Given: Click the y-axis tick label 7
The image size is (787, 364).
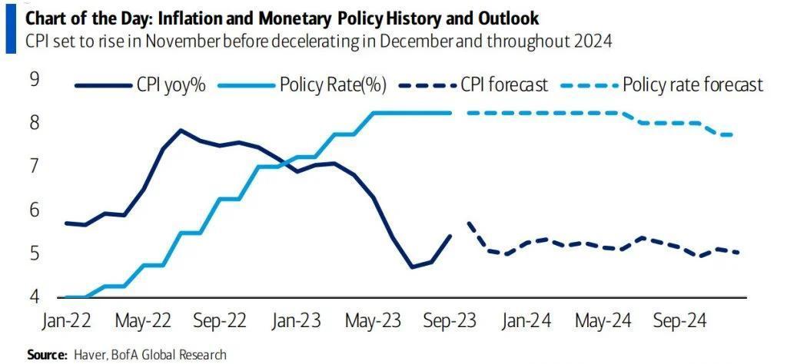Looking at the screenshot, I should pyautogui.click(x=34, y=167).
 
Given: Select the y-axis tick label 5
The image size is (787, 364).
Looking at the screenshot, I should pyautogui.click(x=34, y=254).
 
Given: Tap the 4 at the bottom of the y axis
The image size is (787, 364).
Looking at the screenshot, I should pyautogui.click(x=34, y=297).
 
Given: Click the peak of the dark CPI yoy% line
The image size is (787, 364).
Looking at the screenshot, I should pyautogui.click(x=181, y=130).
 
